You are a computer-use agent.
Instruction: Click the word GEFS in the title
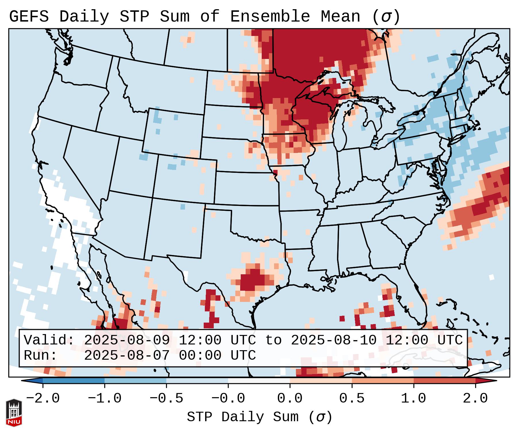tap(29, 17)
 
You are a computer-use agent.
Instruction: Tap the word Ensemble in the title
tap(270, 17)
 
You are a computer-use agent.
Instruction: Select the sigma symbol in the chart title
tap(386, 17)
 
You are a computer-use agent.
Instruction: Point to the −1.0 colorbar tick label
tap(104, 398)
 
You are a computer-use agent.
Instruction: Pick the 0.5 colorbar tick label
tap(352, 398)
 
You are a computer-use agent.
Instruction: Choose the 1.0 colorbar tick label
tap(413, 398)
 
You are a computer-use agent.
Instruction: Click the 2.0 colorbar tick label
tap(475, 398)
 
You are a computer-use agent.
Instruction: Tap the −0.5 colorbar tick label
tap(166, 398)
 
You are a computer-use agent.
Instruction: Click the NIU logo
tap(14, 413)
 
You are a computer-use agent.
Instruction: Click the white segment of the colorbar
tap(259, 381)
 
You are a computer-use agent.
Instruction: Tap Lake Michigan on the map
tap(340, 129)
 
